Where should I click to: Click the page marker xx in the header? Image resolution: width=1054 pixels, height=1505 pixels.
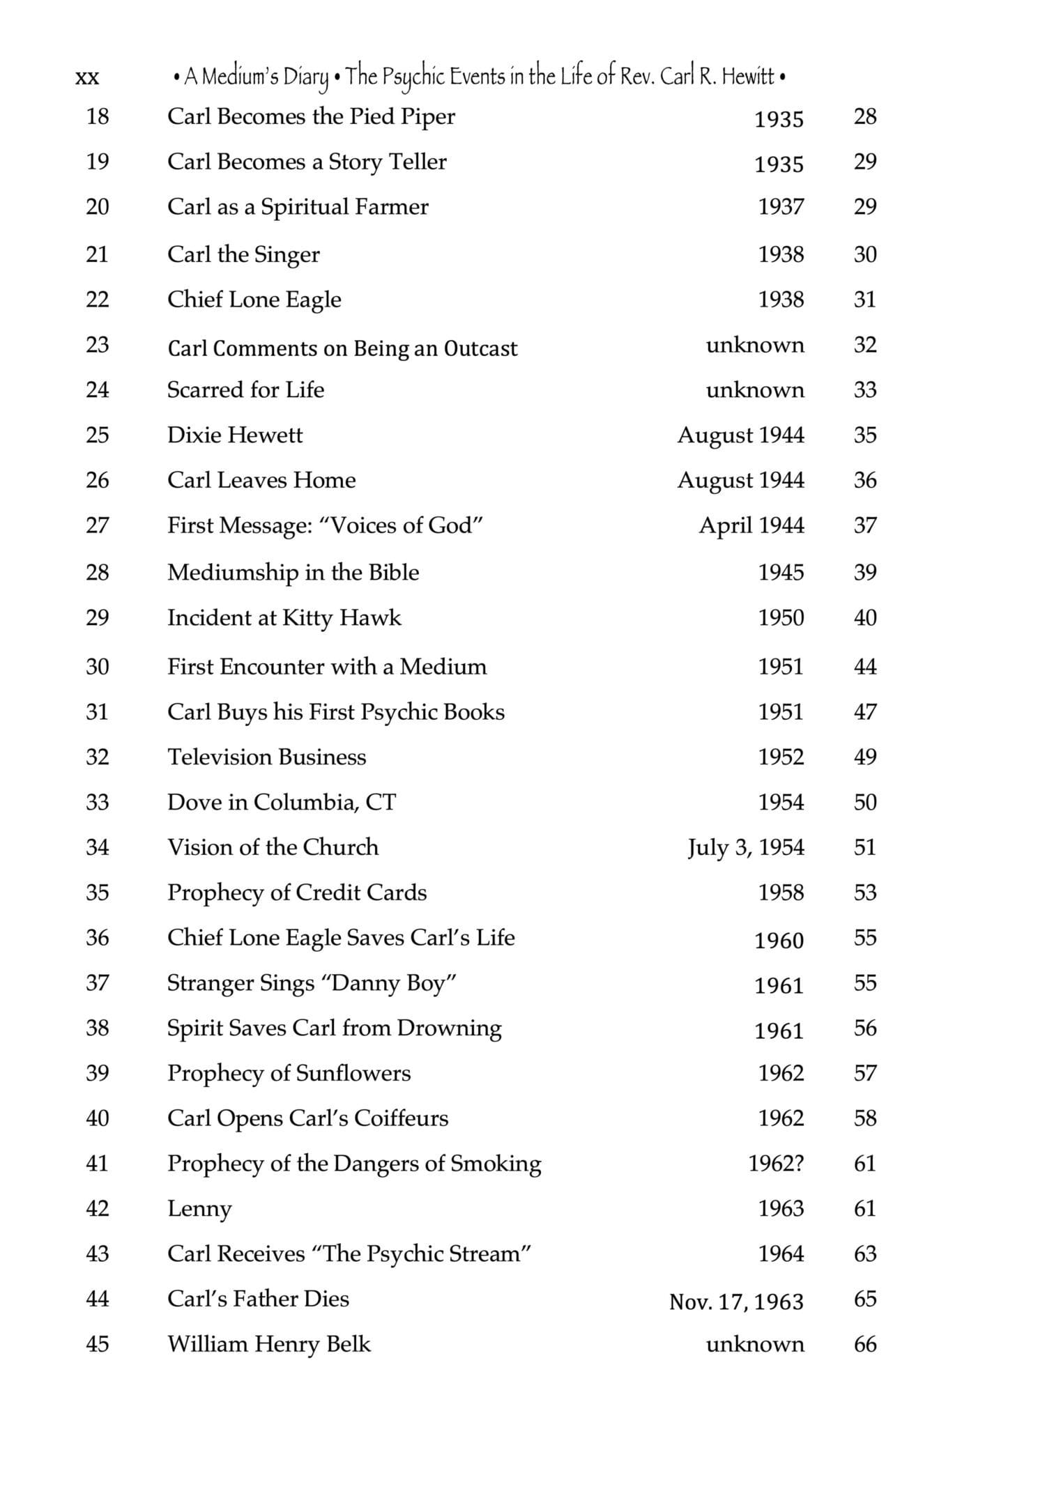point(86,77)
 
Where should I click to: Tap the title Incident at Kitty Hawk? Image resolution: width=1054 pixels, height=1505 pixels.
point(284,618)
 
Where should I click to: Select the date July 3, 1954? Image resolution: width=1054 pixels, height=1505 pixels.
point(746,848)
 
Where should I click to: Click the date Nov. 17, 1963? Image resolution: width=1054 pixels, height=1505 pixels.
point(736,1301)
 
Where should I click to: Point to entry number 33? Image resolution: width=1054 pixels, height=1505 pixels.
point(98,802)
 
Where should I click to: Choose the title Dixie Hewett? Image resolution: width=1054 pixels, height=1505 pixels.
point(235,435)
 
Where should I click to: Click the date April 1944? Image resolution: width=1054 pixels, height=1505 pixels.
point(751,525)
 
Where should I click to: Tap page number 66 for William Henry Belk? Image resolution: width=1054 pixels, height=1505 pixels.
point(865,1344)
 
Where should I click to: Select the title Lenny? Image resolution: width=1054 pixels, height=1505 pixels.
point(199,1209)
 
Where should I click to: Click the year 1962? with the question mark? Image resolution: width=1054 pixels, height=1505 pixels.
point(776,1164)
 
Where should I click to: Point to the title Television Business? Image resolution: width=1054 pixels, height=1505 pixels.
point(266,757)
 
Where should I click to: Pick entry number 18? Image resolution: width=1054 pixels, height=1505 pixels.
point(98,116)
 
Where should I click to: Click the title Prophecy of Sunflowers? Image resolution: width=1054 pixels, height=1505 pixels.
point(289,1073)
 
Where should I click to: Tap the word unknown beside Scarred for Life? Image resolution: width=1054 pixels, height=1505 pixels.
point(755,389)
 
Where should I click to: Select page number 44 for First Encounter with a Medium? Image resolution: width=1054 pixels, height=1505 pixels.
point(865,667)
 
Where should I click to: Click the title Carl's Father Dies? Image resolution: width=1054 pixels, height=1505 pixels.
point(258,1299)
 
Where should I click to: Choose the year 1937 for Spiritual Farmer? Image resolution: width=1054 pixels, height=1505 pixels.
point(781,207)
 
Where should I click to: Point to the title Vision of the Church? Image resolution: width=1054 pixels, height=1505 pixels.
point(273,847)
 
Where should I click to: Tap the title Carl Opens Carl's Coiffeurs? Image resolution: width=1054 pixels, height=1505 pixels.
point(307,1118)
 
